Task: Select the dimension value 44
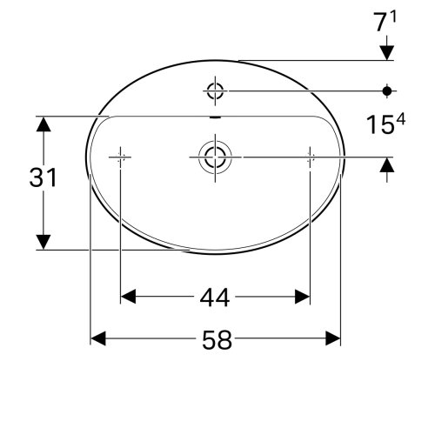click(x=214, y=298)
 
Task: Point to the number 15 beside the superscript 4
click(x=376, y=127)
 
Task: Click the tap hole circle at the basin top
click(x=215, y=89)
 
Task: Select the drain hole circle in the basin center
click(x=213, y=157)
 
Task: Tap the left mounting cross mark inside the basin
click(x=119, y=157)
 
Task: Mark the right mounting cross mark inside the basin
click(x=310, y=157)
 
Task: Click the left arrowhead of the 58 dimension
click(x=97, y=338)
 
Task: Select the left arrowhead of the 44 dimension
click(x=126, y=298)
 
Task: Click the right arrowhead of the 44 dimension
click(x=304, y=298)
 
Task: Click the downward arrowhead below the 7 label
click(x=388, y=54)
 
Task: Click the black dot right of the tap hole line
click(x=388, y=89)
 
